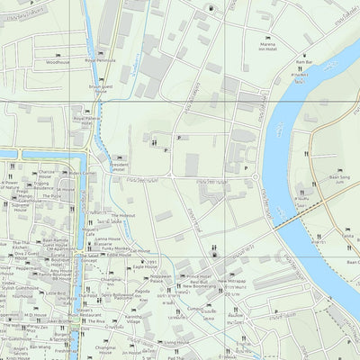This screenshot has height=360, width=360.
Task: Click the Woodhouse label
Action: (x=57, y=63)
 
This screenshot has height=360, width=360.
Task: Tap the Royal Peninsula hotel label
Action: (x=101, y=60)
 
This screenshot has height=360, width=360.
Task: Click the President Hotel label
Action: (x=120, y=166)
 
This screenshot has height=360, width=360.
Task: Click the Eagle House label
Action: (x=145, y=266)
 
